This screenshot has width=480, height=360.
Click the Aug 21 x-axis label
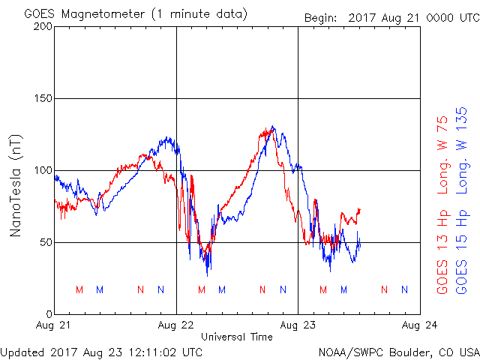click(x=55, y=325)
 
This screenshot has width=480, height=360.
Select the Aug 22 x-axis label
click(x=176, y=325)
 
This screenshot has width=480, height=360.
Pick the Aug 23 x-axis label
click(x=298, y=325)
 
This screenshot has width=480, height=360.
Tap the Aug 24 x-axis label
click(x=420, y=325)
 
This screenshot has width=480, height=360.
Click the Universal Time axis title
click(x=237, y=337)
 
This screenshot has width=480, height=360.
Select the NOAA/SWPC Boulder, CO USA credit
click(x=398, y=351)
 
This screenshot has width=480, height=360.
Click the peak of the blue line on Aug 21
click(x=167, y=138)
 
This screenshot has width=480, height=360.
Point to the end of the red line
click(x=360, y=209)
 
